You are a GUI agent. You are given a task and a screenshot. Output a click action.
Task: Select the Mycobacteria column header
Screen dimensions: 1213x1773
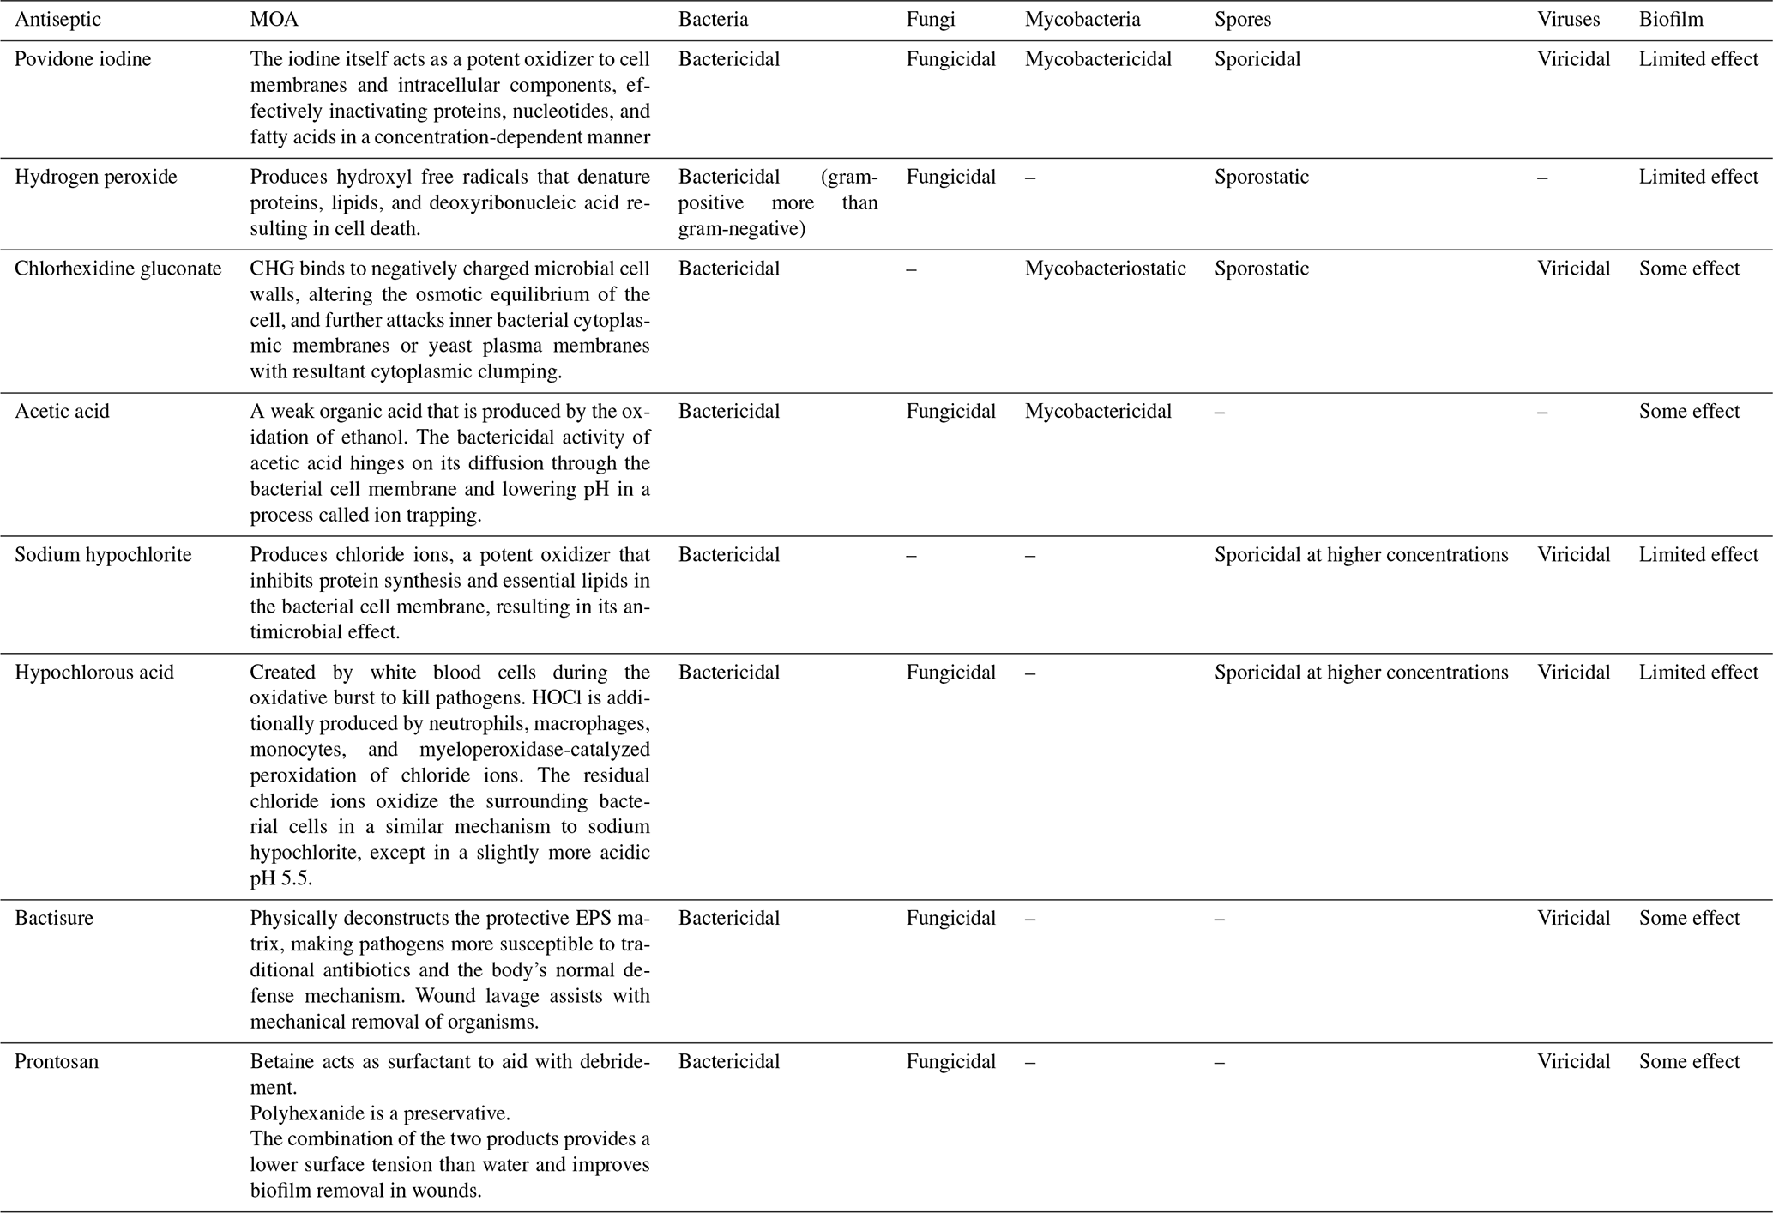(1082, 20)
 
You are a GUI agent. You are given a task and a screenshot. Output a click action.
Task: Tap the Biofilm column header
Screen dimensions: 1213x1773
(1671, 20)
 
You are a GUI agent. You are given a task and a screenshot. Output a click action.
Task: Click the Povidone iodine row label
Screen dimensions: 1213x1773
(83, 59)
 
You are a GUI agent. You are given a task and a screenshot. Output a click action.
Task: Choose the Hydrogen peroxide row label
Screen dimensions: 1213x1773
(96, 177)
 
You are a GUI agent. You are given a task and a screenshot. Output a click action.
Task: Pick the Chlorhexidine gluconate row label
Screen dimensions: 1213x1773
(118, 269)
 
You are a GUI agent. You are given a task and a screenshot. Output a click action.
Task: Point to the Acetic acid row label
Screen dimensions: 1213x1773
(63, 411)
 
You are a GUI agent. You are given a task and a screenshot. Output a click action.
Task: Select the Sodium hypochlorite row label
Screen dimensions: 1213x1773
(103, 554)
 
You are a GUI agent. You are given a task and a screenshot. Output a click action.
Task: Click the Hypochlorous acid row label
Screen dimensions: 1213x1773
(94, 672)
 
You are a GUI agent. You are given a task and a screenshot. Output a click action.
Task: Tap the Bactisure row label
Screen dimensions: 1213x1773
(54, 918)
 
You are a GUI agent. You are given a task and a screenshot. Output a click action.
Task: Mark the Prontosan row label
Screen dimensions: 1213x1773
(57, 1061)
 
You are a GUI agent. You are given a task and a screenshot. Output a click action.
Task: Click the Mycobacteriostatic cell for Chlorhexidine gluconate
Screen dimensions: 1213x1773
(1105, 269)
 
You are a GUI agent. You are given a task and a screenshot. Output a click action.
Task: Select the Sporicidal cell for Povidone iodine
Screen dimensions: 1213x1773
(1257, 59)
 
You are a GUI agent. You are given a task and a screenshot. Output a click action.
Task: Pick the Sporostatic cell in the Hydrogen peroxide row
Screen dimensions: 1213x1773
(1262, 177)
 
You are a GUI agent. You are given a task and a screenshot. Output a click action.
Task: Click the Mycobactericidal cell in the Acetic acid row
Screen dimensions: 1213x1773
(1098, 411)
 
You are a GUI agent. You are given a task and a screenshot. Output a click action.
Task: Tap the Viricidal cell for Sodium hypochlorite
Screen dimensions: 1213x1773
(1574, 554)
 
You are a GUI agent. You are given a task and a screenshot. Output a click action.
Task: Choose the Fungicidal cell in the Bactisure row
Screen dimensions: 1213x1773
(951, 918)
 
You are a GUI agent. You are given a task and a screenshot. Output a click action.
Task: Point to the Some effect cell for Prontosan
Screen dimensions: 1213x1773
(1689, 1061)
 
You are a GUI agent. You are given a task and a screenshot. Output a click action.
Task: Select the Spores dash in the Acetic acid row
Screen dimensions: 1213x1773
(1220, 413)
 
